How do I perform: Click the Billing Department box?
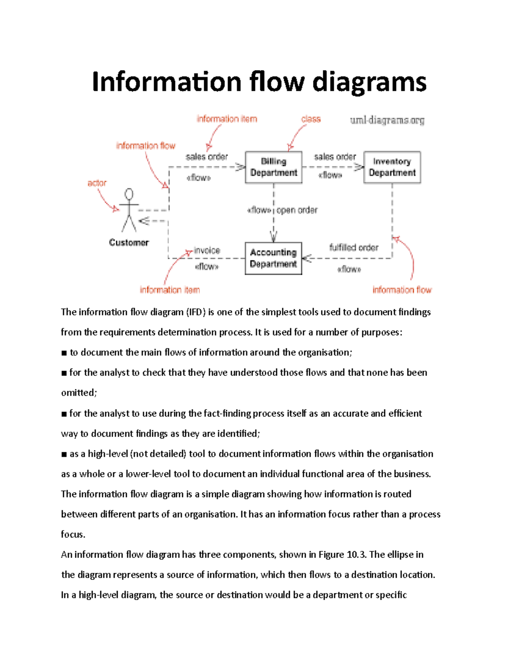tap(273, 167)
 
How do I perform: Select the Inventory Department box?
tap(392, 167)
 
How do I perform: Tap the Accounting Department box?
tap(273, 258)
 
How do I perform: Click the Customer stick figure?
tap(129, 210)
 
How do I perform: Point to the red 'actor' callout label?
tap(97, 183)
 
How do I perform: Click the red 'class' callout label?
tap(311, 119)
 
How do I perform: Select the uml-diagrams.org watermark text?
tap(387, 120)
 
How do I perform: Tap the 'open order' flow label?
tap(297, 210)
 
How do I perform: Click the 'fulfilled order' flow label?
tap(354, 248)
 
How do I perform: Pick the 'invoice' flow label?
tap(207, 251)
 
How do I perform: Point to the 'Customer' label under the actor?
tap(129, 243)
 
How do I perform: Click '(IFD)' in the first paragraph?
tap(196, 312)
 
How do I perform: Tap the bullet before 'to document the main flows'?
tap(64, 353)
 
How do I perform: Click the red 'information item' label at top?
tap(227, 119)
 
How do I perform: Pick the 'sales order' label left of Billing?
tap(207, 157)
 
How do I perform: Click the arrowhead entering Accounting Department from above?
tap(273, 237)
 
